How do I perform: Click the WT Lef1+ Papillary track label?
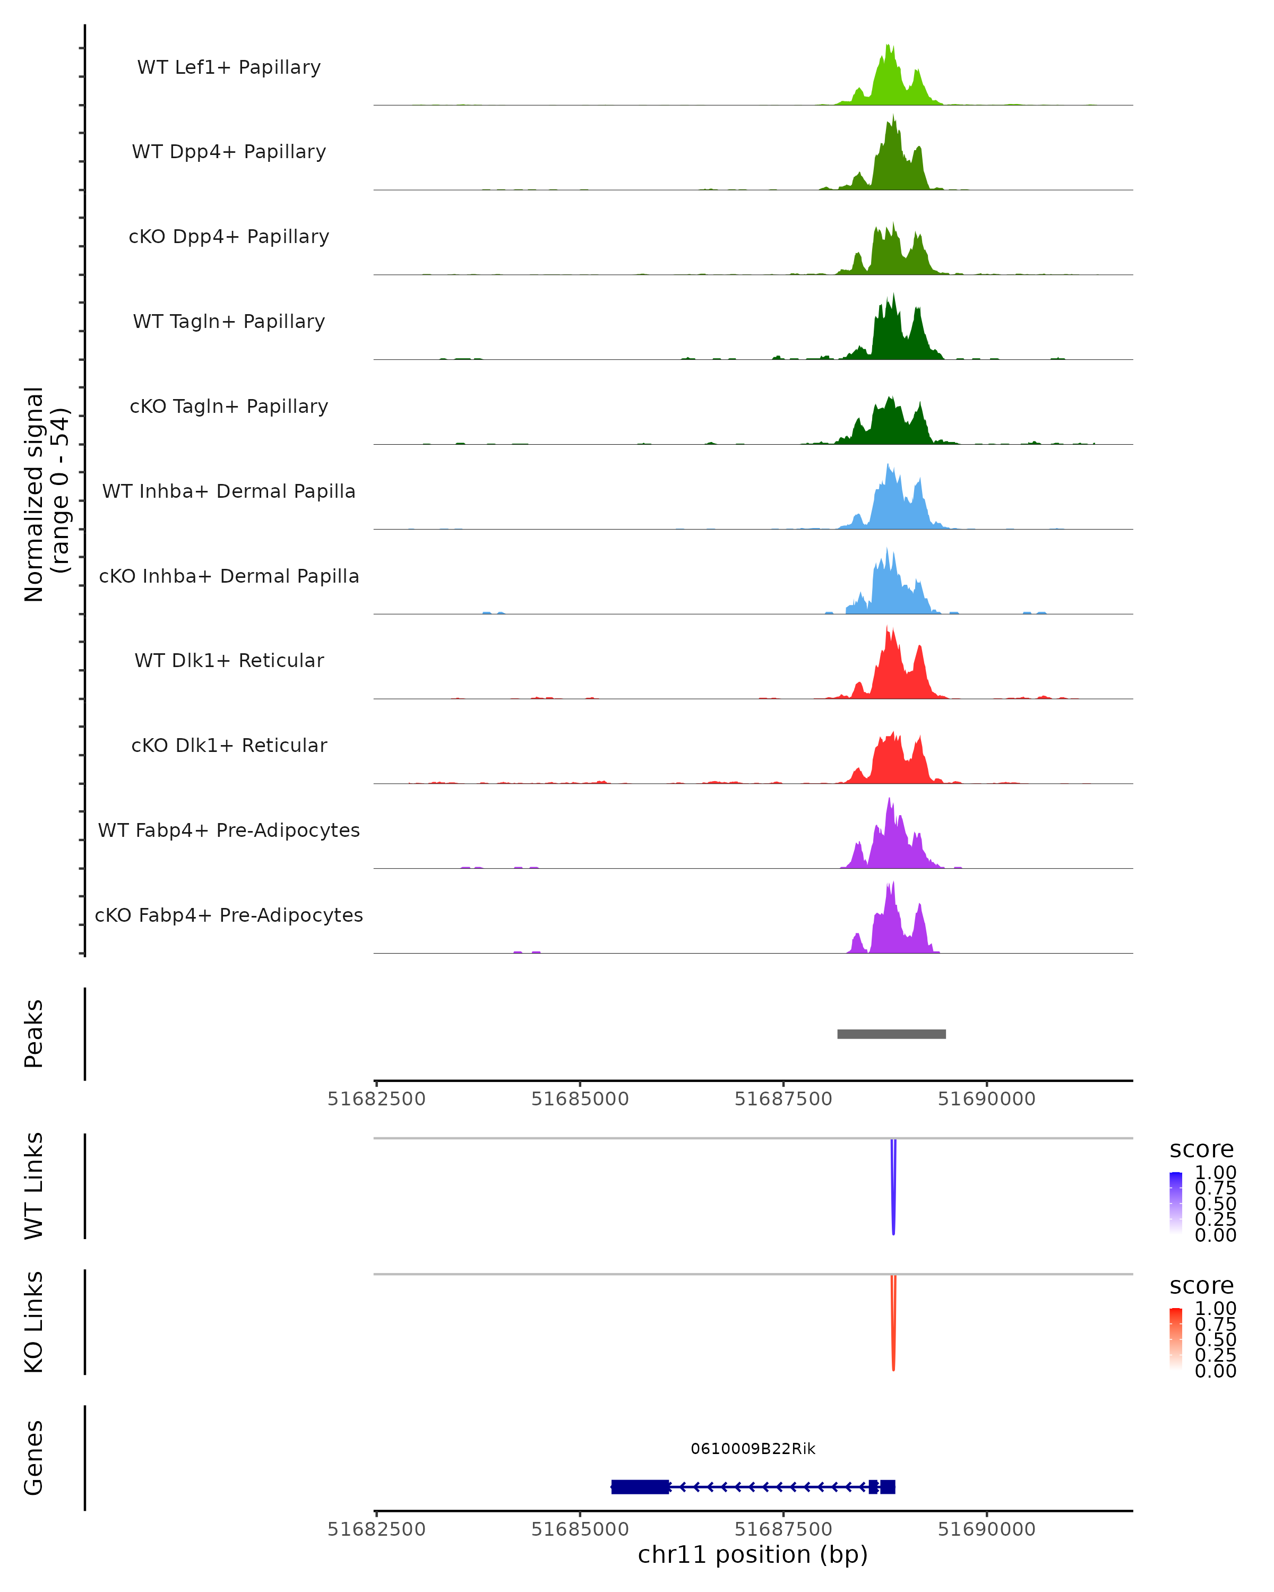click(x=229, y=67)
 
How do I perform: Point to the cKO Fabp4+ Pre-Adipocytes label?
click(x=229, y=915)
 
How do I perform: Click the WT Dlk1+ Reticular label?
click(x=229, y=660)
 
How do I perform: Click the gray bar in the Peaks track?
click(x=891, y=1034)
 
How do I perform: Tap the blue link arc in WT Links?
click(x=893, y=1189)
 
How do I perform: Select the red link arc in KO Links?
click(x=893, y=1326)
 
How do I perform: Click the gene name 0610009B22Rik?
click(x=753, y=1449)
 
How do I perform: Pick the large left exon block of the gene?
click(x=640, y=1486)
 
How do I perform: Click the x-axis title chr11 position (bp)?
click(x=753, y=1555)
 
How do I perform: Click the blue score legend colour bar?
click(x=1176, y=1203)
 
